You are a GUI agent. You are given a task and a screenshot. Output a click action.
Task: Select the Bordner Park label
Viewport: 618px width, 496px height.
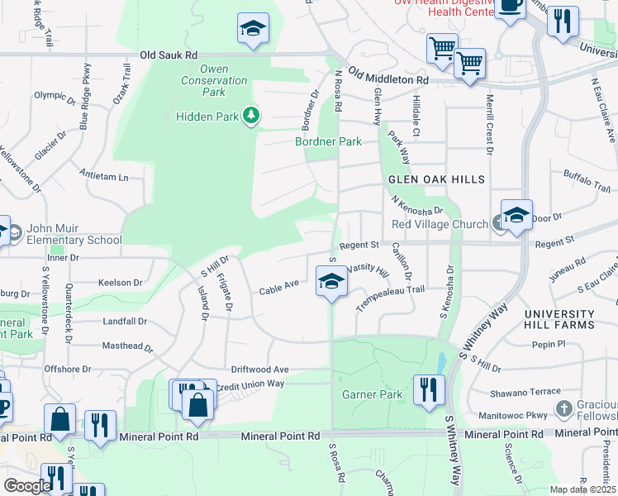pos(329,141)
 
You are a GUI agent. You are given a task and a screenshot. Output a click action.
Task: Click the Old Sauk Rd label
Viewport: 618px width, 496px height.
pos(169,55)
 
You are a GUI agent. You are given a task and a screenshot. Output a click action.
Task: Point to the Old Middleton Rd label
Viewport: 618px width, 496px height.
pos(387,74)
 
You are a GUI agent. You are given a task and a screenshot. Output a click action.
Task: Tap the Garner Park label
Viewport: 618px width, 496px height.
pos(372,394)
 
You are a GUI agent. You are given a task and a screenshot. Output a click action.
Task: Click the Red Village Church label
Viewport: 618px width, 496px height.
pos(440,224)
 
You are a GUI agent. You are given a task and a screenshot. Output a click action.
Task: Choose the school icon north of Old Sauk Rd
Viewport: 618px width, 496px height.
pos(252,29)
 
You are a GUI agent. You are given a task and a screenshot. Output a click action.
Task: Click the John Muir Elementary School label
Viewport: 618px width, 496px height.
pos(74,235)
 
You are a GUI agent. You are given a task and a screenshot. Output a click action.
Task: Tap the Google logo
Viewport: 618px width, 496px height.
pos(26,485)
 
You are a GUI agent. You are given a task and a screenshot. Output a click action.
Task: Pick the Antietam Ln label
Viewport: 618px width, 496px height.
pos(105,177)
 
